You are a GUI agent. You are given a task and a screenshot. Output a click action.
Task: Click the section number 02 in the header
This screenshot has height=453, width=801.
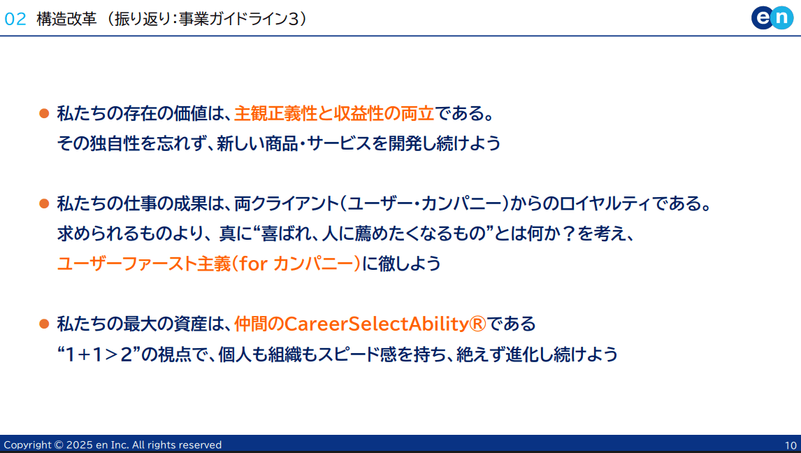15,20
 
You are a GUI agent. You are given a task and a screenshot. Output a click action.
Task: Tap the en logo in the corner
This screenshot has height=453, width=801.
772,18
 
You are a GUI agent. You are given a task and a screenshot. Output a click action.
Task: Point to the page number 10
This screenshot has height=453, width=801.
791,445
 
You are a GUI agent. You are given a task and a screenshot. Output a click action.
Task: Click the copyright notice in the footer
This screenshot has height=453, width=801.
113,445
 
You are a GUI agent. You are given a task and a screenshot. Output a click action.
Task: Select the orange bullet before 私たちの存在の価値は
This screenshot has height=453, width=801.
44,113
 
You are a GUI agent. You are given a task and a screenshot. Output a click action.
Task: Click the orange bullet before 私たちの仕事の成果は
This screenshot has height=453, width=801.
44,203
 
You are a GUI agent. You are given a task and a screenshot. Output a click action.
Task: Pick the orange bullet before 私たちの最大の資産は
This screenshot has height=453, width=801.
44,324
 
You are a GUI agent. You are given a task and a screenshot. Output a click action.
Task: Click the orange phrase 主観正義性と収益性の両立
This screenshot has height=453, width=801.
334,113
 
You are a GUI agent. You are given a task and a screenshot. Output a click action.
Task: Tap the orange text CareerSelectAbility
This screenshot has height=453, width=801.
376,324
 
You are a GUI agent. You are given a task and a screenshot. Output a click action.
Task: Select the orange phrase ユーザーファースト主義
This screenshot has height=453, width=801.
145,264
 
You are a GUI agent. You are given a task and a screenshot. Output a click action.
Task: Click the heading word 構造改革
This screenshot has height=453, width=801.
66,20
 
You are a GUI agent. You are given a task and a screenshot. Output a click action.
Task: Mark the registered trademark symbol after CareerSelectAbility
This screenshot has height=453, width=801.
477,324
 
